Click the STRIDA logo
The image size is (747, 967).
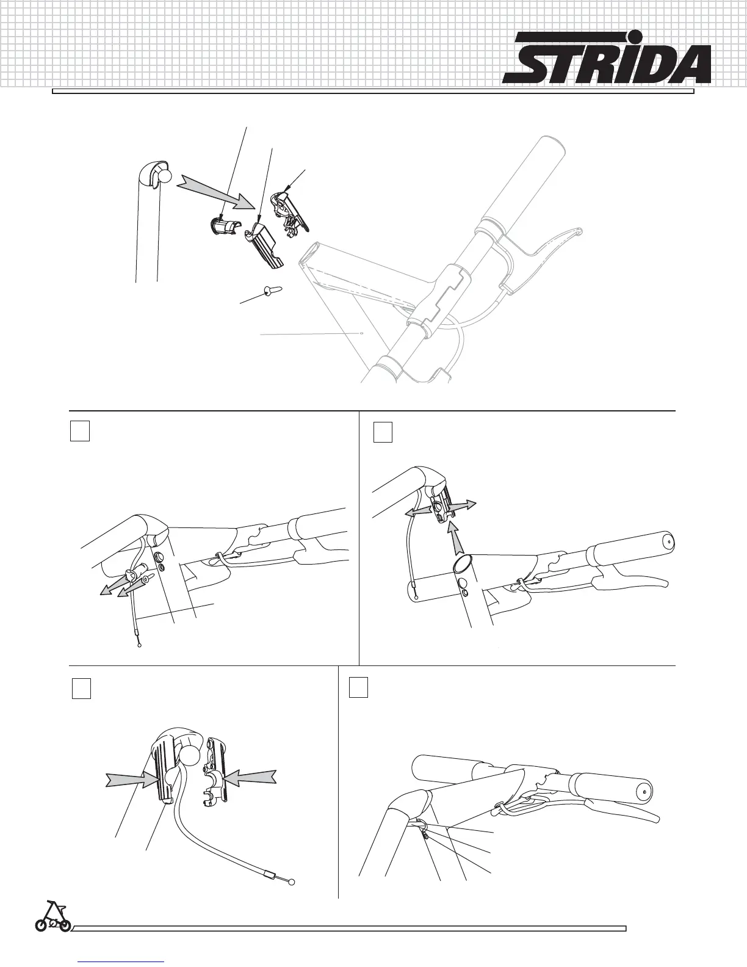607,59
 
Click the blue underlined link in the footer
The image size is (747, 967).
122,960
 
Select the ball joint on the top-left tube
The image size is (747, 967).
164,176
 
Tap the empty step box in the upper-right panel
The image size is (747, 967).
383,432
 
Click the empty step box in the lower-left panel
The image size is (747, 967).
81,689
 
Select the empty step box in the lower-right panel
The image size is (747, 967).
358,687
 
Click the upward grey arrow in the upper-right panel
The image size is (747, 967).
452,538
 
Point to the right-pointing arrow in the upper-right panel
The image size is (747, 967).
465,505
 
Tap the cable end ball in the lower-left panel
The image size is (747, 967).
291,882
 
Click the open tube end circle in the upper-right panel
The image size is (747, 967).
461,560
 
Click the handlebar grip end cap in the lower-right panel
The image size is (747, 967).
644,790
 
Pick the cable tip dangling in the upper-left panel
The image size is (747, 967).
140,643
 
